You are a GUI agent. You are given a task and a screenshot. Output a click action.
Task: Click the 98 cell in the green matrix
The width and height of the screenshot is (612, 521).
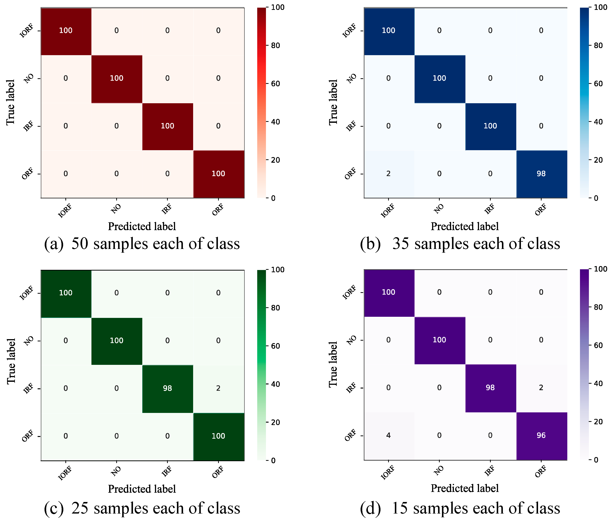point(167,388)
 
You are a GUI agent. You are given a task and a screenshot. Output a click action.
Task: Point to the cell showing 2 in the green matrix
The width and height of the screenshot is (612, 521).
point(218,388)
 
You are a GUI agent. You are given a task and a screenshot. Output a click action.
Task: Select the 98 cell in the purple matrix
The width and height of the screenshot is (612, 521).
point(490,388)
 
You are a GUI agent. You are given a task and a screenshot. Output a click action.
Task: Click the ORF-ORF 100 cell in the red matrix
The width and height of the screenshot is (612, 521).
point(218,174)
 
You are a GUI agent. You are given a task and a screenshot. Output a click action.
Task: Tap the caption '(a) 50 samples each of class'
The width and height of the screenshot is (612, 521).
point(142,244)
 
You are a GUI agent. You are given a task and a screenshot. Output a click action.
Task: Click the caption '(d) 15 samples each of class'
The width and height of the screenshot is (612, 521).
point(460,508)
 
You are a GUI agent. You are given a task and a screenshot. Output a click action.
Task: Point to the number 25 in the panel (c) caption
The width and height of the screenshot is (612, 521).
point(80,508)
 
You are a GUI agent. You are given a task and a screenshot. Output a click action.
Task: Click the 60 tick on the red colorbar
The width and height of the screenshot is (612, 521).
point(275,84)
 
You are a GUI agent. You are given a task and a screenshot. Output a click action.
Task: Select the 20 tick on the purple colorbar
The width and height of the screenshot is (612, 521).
point(598,421)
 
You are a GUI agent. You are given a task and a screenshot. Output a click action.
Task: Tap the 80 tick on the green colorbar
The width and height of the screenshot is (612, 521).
point(275,308)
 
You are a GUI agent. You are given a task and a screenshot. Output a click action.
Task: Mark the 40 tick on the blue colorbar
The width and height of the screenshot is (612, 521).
point(598,122)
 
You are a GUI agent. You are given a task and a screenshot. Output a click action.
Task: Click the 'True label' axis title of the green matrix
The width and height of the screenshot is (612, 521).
point(11,361)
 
